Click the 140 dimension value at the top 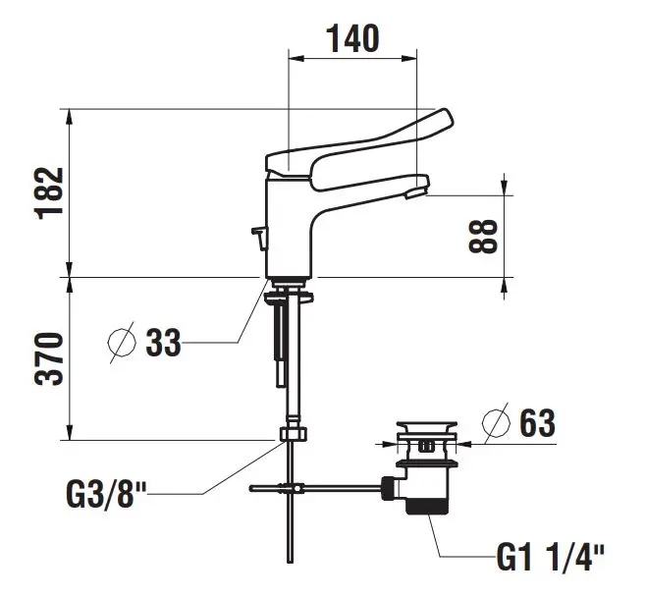[x=353, y=38]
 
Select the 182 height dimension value [x=49, y=193]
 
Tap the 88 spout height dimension [x=483, y=236]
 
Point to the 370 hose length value [x=49, y=359]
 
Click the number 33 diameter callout [x=163, y=343]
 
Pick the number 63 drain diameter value [x=537, y=423]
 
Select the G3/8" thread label [x=106, y=494]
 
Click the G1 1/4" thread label [x=551, y=558]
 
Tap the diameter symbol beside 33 [x=122, y=343]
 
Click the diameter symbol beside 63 [x=497, y=423]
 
